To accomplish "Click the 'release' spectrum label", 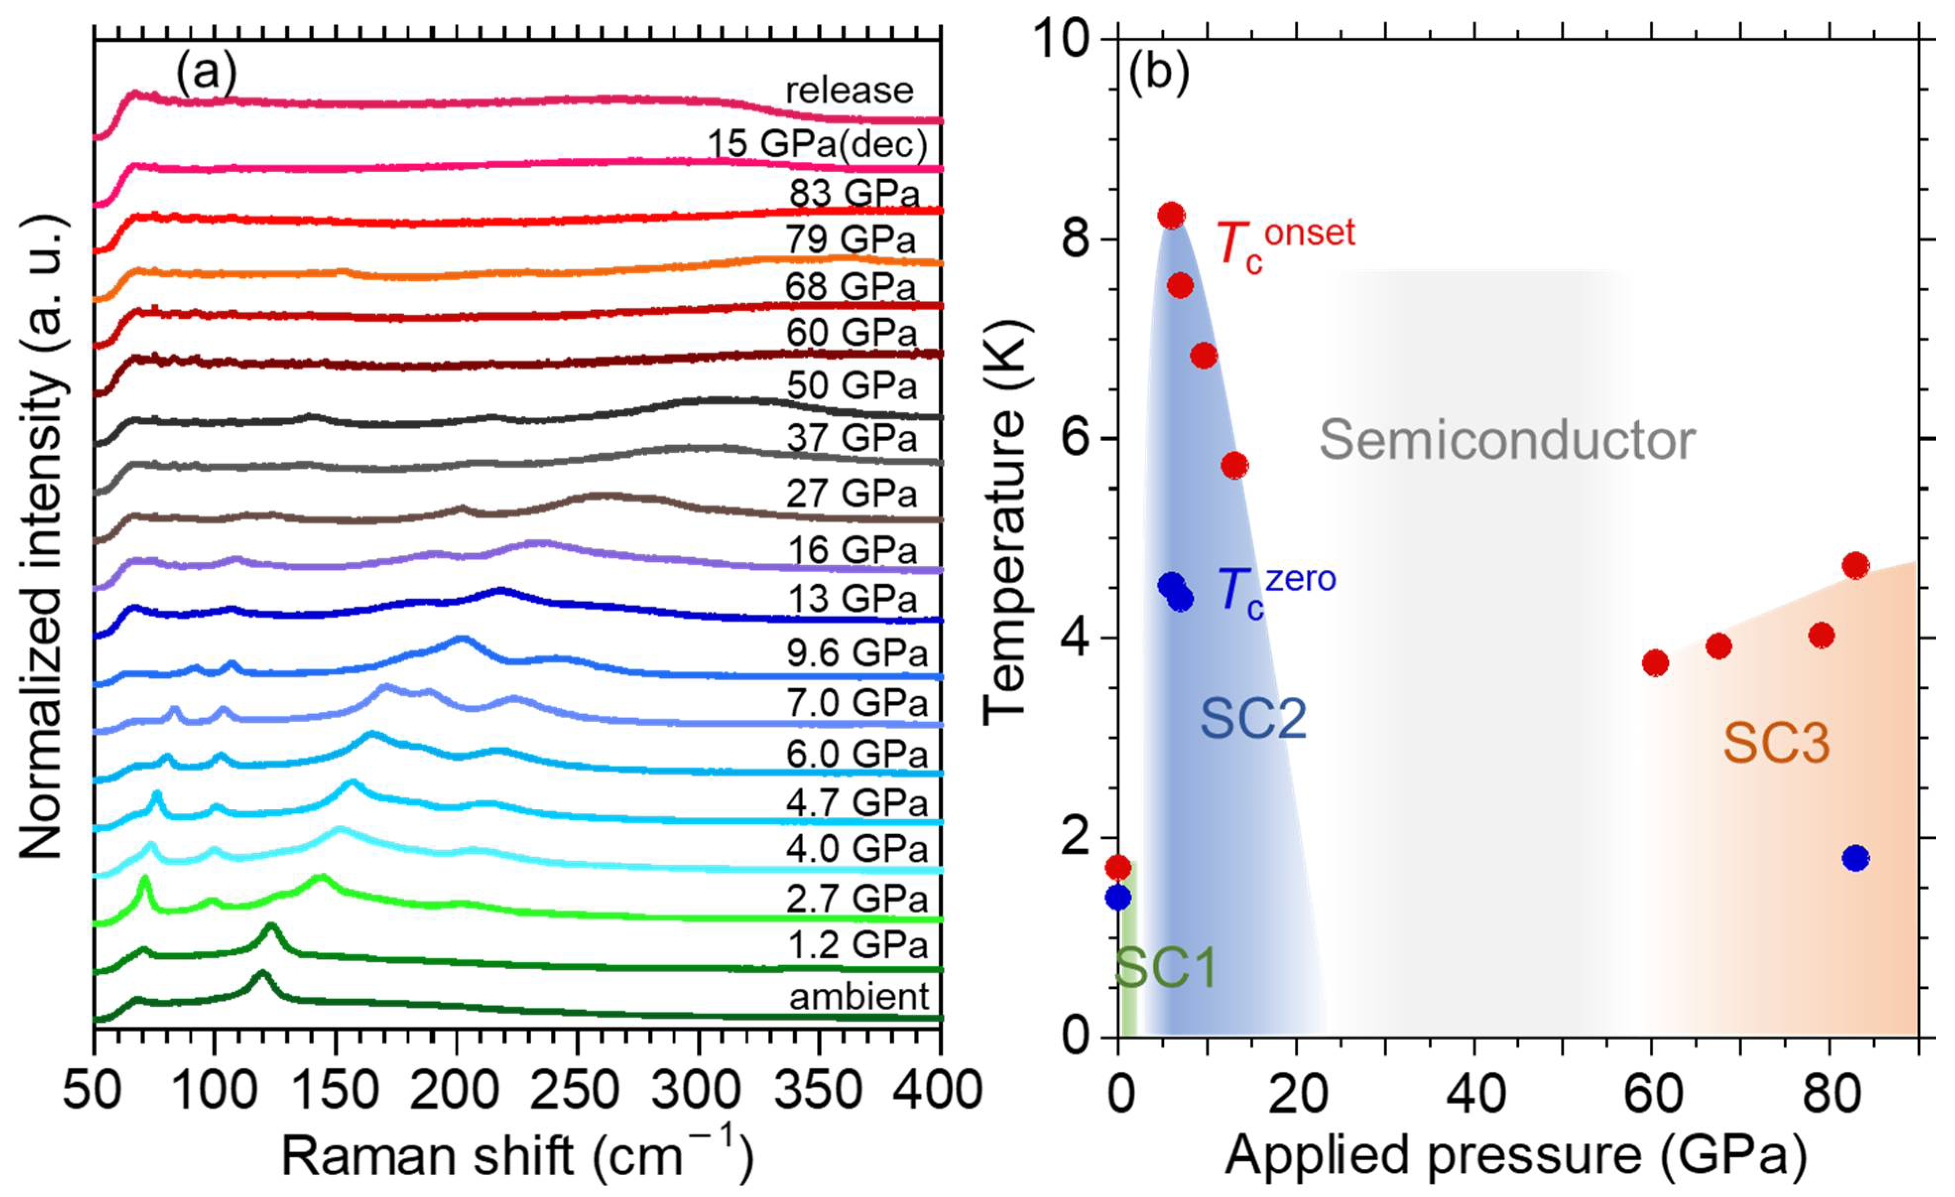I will tap(849, 91).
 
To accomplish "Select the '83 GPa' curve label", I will tap(854, 193).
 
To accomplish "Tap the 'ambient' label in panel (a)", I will tap(858, 996).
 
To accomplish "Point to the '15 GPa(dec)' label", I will tap(817, 144).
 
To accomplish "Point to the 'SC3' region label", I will tap(1775, 744).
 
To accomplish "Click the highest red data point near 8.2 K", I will tap(1171, 215).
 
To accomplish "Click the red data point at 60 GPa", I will tap(1655, 663).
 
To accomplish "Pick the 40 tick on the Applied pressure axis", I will tap(1474, 1092).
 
